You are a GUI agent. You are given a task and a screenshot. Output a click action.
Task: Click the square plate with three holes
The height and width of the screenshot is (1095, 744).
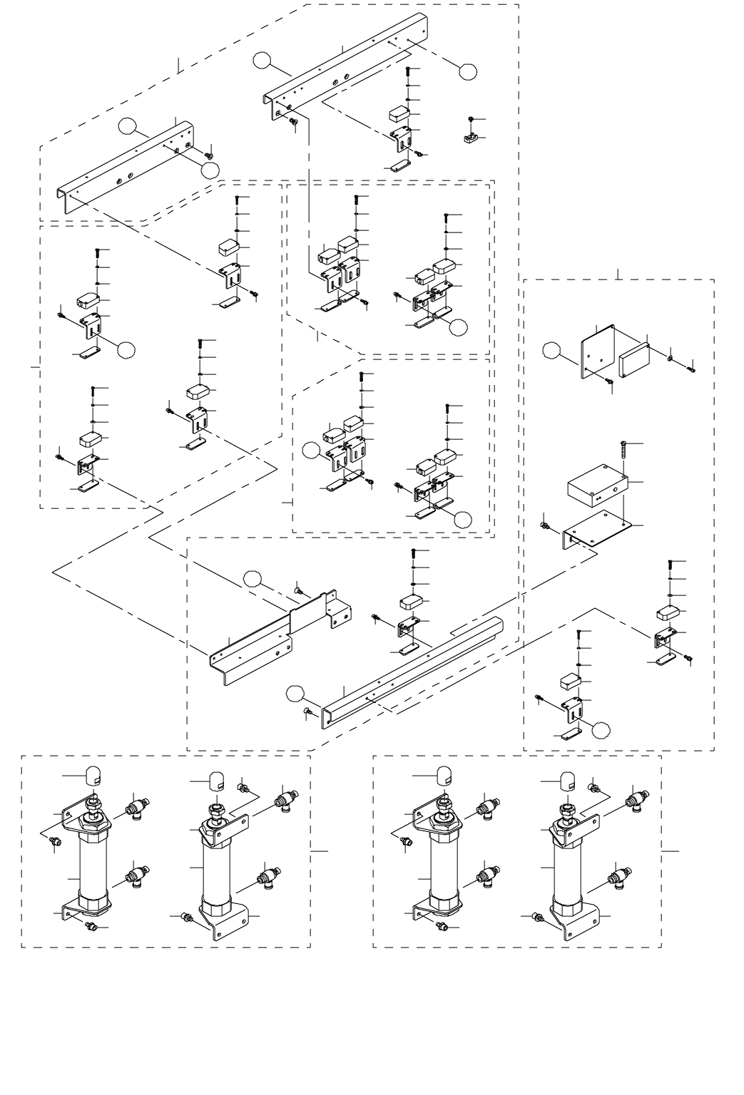pyautogui.click(x=598, y=351)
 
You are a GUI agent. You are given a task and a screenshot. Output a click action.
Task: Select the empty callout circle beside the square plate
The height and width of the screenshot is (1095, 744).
pyautogui.click(x=553, y=350)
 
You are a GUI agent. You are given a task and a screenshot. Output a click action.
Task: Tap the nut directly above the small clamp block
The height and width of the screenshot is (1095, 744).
pyautogui.click(x=472, y=118)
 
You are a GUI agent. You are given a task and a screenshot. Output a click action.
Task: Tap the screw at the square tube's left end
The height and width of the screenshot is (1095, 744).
pyautogui.click(x=308, y=711)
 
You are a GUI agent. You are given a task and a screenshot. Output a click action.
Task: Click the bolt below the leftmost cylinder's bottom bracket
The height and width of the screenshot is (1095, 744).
pyautogui.click(x=91, y=925)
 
